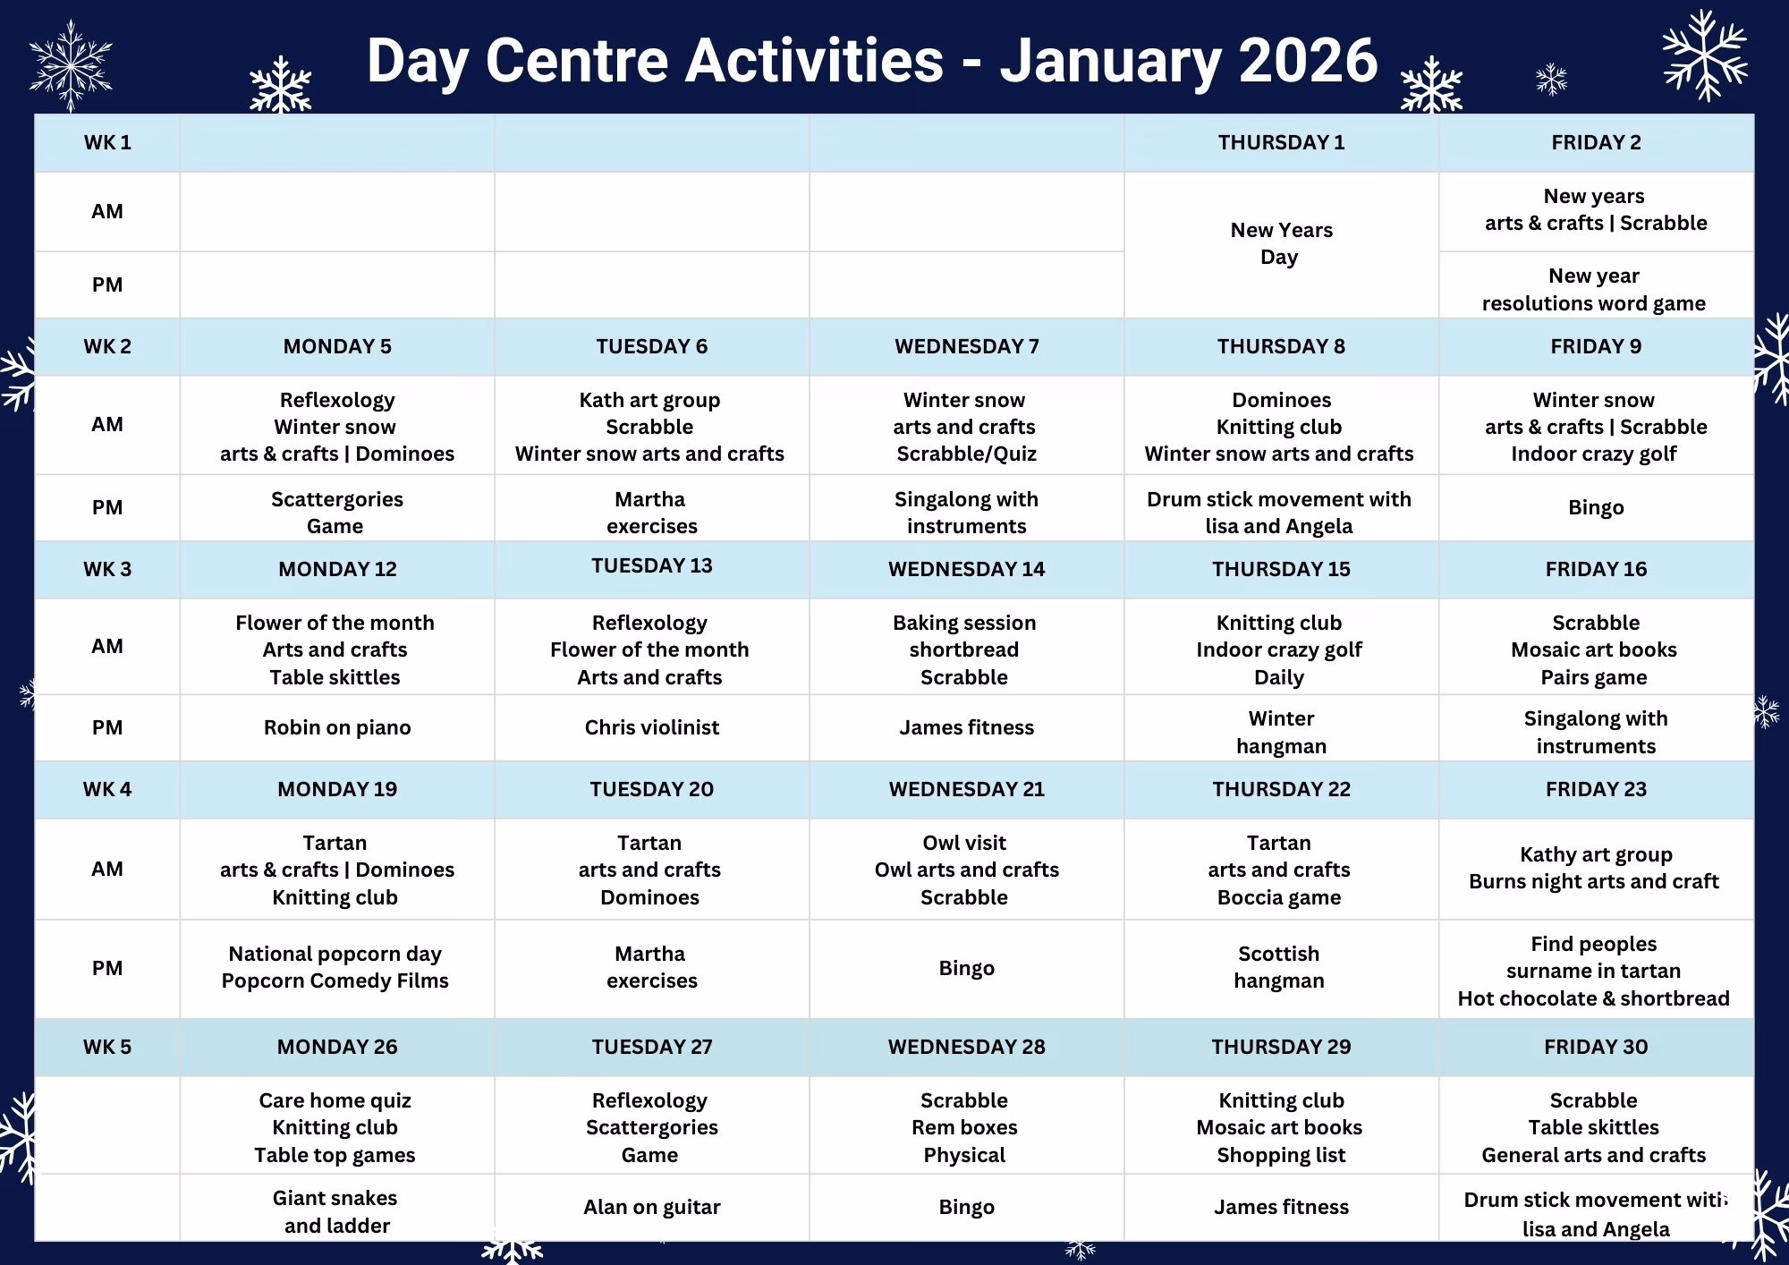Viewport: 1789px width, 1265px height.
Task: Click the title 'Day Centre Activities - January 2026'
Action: [x=872, y=60]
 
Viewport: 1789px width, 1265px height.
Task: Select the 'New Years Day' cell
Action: [x=1281, y=243]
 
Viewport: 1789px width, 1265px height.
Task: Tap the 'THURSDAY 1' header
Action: [x=1281, y=142]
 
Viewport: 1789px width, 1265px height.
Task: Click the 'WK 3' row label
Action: [x=107, y=569]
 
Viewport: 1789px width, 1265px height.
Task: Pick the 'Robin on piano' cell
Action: [x=337, y=727]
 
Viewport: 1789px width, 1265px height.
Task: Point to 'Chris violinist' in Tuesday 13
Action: [x=652, y=727]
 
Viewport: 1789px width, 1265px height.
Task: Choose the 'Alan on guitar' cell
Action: [x=652, y=1207]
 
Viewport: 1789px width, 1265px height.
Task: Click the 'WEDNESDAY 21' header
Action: [x=967, y=789]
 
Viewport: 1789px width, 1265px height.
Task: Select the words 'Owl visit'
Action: [x=964, y=843]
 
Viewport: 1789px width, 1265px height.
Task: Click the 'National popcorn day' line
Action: [x=335, y=954]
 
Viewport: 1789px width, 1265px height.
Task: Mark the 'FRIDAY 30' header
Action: [x=1596, y=1047]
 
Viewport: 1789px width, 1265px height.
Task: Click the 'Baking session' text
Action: [x=964, y=623]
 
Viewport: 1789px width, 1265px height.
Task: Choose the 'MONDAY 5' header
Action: [x=337, y=346]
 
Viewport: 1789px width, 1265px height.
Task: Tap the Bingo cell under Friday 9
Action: [x=1596, y=507]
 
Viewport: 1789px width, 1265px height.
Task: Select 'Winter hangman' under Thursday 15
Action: [x=1281, y=732]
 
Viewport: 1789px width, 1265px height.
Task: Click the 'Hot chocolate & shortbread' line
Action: [x=1594, y=998]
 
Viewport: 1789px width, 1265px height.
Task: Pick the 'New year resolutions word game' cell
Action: [x=1594, y=289]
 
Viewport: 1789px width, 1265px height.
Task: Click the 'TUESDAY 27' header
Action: [x=652, y=1047]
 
